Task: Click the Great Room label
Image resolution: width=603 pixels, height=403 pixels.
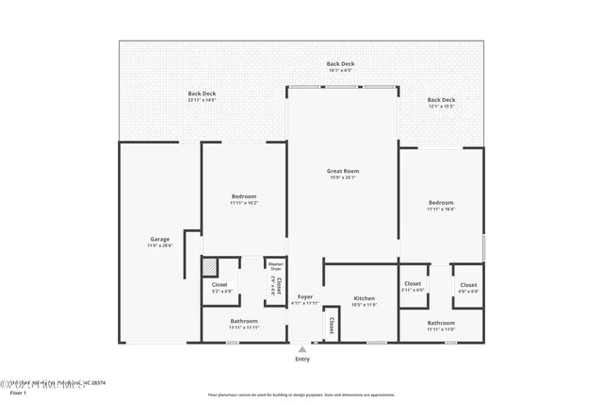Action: (343, 172)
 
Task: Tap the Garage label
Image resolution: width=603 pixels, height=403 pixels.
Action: (160, 239)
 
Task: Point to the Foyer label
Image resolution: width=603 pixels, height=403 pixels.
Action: (304, 296)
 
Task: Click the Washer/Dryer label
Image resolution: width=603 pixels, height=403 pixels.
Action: (275, 266)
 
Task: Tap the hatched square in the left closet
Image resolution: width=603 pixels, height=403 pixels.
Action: (210, 268)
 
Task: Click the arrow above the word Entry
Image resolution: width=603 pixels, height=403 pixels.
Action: (302, 349)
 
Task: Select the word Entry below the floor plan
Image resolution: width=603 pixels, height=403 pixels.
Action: (302, 359)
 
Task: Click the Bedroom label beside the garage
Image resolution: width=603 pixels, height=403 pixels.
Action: (244, 196)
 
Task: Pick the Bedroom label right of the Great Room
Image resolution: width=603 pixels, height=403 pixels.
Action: (441, 203)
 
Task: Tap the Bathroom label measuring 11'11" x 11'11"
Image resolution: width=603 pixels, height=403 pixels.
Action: (244, 321)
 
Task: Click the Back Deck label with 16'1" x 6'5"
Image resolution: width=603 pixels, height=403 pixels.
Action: (340, 63)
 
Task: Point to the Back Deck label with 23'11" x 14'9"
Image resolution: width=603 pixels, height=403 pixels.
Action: (202, 93)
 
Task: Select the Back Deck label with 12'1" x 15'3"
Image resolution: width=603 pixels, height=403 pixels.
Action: (441, 100)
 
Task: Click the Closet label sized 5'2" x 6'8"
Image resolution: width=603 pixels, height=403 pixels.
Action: (220, 284)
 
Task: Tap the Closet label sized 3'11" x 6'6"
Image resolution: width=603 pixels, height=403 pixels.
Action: (413, 284)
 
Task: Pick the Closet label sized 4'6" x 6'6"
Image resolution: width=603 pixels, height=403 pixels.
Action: (468, 284)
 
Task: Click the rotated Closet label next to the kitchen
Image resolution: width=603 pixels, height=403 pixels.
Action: (332, 325)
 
